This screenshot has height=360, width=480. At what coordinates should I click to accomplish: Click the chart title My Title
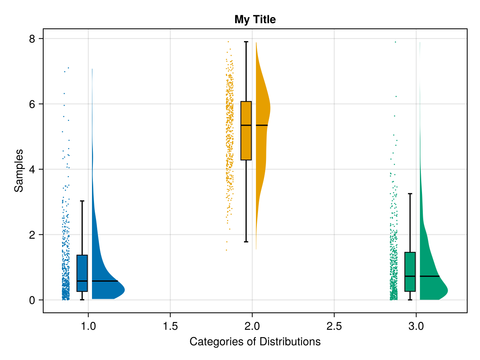pos(255,19)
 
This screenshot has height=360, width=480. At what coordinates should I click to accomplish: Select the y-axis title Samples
pos(19,170)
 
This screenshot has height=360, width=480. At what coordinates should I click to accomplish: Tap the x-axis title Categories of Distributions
pos(255,342)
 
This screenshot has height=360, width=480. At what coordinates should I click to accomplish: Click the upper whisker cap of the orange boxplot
pos(246,42)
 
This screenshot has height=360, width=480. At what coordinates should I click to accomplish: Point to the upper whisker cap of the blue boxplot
pos(82,201)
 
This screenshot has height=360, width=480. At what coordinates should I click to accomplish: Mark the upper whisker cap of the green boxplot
pos(410,194)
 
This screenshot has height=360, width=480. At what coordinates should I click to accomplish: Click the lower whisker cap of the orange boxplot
pos(246,242)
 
